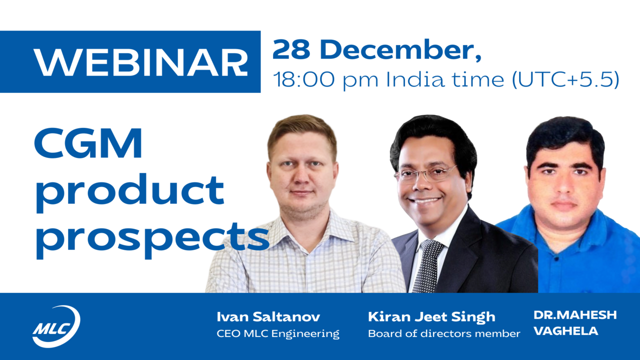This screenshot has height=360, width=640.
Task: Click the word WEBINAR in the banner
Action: pyautogui.click(x=140, y=62)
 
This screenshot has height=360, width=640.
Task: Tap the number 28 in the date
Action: pyautogui.click(x=291, y=49)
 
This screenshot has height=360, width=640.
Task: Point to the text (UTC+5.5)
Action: pyautogui.click(x=565, y=79)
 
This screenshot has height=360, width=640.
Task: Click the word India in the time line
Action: pyautogui.click(x=415, y=79)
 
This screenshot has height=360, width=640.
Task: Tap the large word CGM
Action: pyautogui.click(x=88, y=143)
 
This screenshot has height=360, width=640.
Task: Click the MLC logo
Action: pyautogui.click(x=56, y=326)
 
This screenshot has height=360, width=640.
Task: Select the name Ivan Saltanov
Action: pyautogui.click(x=268, y=317)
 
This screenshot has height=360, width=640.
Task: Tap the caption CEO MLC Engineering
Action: pyautogui.click(x=278, y=333)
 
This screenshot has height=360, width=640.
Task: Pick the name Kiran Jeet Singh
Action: pyautogui.click(x=431, y=317)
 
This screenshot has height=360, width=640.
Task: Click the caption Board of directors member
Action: pyautogui.click(x=444, y=333)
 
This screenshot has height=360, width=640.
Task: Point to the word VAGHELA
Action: pyautogui.click(x=565, y=331)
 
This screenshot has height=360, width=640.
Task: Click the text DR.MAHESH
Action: pyautogui.click(x=575, y=315)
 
